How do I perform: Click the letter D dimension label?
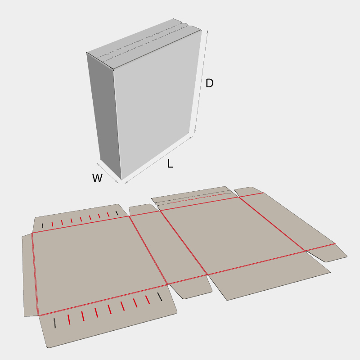(x=209, y=83)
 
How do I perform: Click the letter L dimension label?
(x=170, y=164)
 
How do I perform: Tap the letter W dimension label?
(x=97, y=178)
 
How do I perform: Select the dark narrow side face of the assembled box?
(x=103, y=115)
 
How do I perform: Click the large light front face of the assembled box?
(x=156, y=103)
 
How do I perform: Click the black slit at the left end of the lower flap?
(x=54, y=323)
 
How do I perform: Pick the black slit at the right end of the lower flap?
(x=160, y=297)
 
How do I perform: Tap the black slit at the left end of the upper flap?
(x=42, y=226)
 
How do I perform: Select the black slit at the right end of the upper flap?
(x=117, y=213)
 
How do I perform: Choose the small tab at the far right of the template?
(x=327, y=252)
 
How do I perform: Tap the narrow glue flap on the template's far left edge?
(x=30, y=275)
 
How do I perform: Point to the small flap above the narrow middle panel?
(x=144, y=209)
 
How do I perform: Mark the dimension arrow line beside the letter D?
(x=201, y=81)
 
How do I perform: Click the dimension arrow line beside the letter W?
(x=108, y=173)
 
